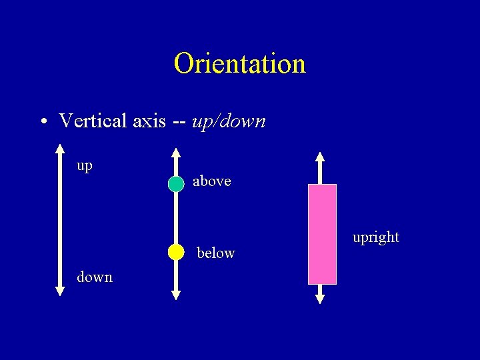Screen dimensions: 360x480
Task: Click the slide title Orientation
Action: pyautogui.click(x=239, y=64)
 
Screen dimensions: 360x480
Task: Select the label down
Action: pyautogui.click(x=95, y=277)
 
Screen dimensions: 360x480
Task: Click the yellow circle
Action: pyautogui.click(x=176, y=252)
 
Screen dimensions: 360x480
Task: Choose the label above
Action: pyautogui.click(x=212, y=181)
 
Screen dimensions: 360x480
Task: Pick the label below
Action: pyautogui.click(x=216, y=253)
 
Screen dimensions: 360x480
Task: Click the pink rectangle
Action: pyautogui.click(x=322, y=234)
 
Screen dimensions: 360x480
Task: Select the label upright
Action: pyautogui.click(x=376, y=237)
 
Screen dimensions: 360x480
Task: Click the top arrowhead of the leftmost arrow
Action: pyautogui.click(x=60, y=149)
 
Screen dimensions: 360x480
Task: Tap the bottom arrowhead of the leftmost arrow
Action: pyautogui.click(x=60, y=290)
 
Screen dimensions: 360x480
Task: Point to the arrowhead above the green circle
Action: pyautogui.click(x=176, y=158)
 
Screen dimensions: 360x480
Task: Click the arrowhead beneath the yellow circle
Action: pyautogui.click(x=176, y=294)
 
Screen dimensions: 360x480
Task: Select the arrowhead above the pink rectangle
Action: pyautogui.click(x=320, y=157)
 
